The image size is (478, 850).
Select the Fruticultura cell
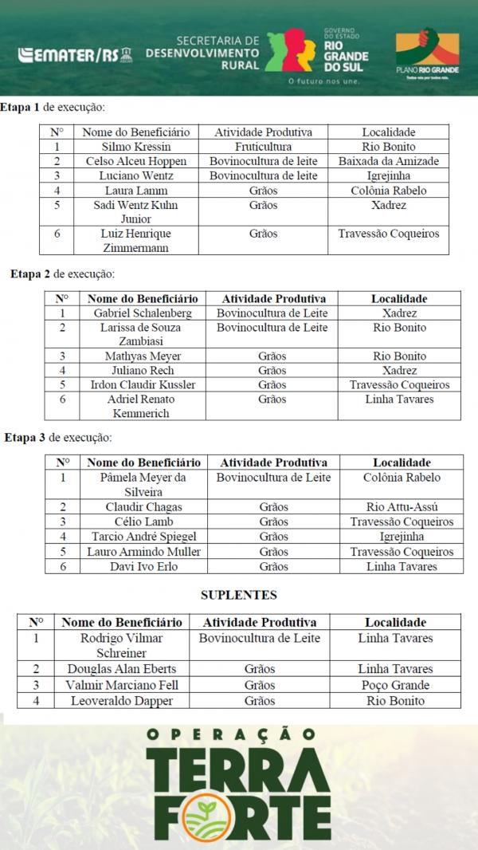(263, 147)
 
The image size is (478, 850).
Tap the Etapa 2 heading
(62, 274)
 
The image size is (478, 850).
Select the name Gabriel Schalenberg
(143, 313)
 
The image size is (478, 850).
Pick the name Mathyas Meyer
(143, 356)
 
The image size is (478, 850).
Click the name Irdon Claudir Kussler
(143, 384)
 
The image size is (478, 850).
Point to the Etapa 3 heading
(58, 438)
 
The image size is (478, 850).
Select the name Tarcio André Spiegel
(143, 537)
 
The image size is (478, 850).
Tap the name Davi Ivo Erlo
(143, 566)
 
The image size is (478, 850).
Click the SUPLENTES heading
(239, 595)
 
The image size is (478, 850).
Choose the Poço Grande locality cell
(395, 685)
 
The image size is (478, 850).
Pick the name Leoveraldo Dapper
(122, 701)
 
